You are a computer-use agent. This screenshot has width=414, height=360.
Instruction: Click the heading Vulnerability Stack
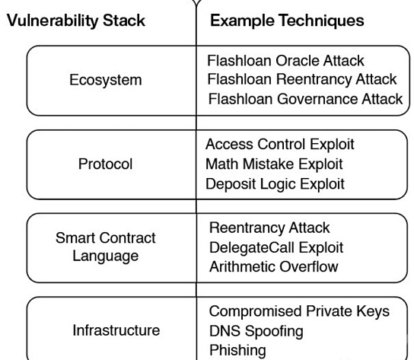click(76, 21)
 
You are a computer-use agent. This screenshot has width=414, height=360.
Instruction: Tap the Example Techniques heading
click(287, 21)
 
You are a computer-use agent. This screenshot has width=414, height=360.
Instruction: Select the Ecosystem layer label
click(106, 80)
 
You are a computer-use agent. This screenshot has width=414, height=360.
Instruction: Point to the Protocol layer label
click(105, 164)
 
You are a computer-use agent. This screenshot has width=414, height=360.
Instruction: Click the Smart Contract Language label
click(106, 247)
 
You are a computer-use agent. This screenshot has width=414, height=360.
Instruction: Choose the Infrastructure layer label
click(116, 330)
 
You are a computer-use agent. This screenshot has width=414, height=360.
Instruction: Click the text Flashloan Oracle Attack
click(285, 61)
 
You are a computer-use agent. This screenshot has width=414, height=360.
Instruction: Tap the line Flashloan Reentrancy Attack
click(302, 79)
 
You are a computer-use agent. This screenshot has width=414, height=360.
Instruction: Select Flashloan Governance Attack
click(305, 99)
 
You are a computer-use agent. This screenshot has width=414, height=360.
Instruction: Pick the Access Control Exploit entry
click(280, 145)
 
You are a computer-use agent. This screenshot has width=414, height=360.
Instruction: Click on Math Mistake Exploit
click(274, 164)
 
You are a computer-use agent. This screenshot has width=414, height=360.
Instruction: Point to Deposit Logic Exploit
click(275, 184)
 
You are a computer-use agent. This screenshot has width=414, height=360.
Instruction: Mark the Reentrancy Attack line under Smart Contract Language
click(269, 228)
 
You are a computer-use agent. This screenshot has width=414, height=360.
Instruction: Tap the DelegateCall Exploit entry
click(276, 248)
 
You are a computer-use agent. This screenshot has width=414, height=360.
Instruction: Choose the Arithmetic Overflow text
click(273, 266)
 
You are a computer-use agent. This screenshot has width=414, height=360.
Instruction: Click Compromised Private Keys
click(299, 311)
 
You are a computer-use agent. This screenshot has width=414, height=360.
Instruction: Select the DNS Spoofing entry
click(256, 331)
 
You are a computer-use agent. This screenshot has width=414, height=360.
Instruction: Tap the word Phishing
click(237, 351)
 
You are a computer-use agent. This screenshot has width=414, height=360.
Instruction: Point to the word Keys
click(373, 311)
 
